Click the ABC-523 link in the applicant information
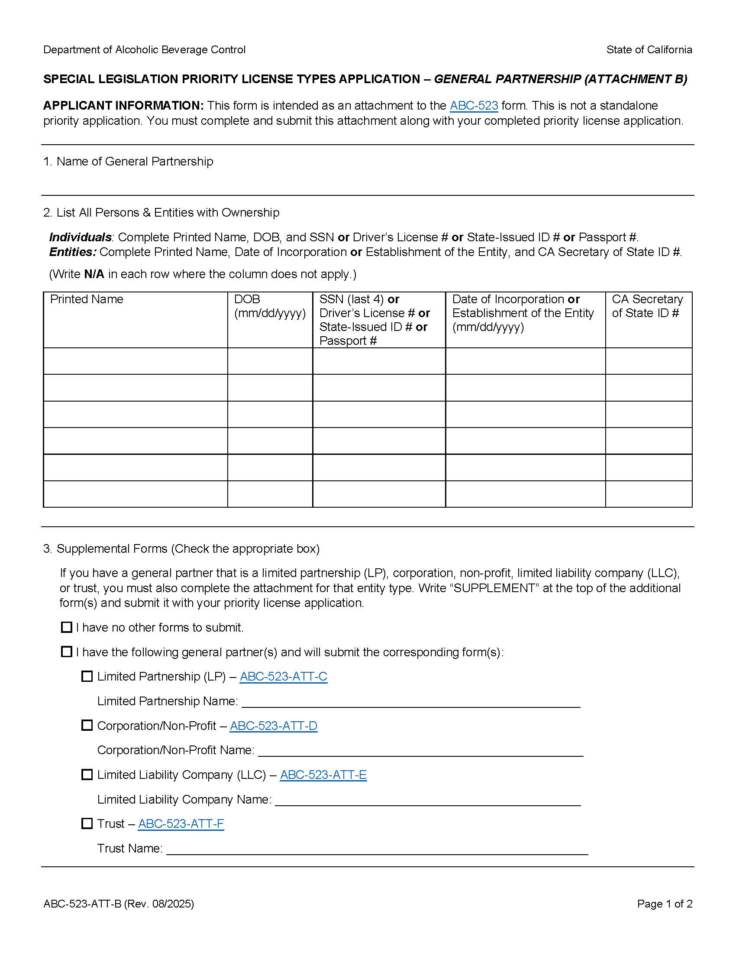click(474, 106)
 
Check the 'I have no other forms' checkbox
click(66, 627)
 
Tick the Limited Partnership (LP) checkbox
click(87, 676)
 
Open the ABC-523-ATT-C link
click(284, 676)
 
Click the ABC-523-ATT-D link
click(273, 726)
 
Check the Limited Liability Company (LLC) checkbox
click(87, 775)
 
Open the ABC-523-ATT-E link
click(323, 775)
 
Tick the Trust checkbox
click(87, 823)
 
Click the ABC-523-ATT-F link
click(181, 824)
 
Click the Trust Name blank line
click(377, 849)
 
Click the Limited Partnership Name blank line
click(410, 702)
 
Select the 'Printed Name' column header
click(87, 299)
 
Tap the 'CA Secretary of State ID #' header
click(647, 306)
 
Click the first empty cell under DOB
click(270, 361)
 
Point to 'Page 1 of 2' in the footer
click(664, 904)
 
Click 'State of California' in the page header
click(649, 50)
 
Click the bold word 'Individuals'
click(80, 237)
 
